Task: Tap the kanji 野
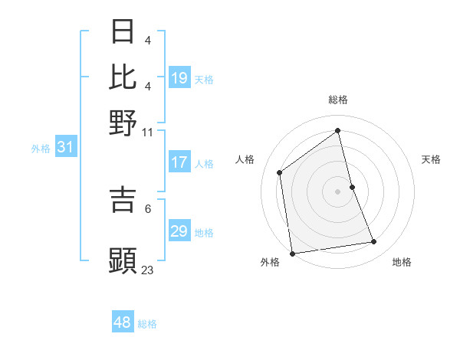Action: [x=123, y=122]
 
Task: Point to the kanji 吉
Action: [x=123, y=200]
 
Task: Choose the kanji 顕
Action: [x=123, y=260]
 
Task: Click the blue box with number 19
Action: [x=179, y=78]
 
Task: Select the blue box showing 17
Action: [x=179, y=162]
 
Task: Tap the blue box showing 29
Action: [x=179, y=231]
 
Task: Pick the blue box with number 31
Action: [x=64, y=148]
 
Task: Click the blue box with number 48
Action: [x=123, y=322]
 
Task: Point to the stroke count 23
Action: [x=148, y=270]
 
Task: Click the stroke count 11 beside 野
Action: [x=147, y=132]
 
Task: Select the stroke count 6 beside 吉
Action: [x=147, y=208]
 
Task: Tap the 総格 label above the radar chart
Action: [x=338, y=100]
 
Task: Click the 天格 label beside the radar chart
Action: [x=432, y=159]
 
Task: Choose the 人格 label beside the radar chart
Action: [x=245, y=159]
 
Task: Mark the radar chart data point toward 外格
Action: [x=292, y=253]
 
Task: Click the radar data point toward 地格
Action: [x=374, y=242]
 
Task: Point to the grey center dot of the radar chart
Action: [x=338, y=191]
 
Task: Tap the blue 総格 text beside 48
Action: [x=147, y=324]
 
